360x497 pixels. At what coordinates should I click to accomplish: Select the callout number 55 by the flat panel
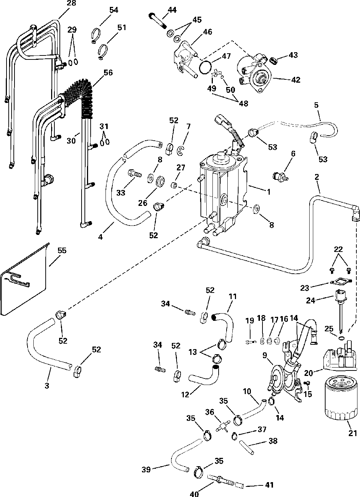tap(62, 250)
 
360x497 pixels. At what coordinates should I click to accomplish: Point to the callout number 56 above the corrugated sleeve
tap(108, 73)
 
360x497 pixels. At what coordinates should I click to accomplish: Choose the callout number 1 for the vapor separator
tap(269, 192)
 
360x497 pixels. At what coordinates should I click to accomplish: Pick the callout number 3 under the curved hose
tap(47, 386)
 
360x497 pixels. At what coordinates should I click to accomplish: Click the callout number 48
tap(244, 103)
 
